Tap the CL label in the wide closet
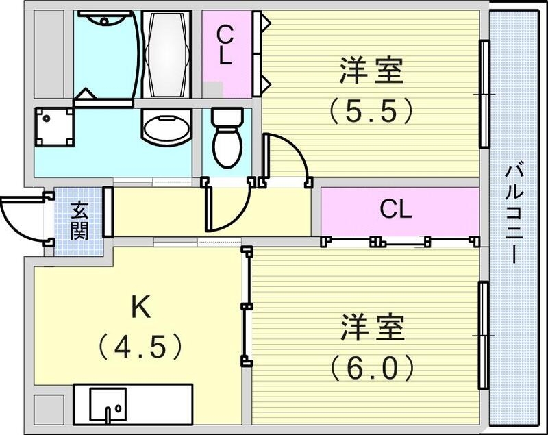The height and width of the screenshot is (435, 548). click(x=396, y=210)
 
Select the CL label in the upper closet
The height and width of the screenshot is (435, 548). click(x=225, y=45)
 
